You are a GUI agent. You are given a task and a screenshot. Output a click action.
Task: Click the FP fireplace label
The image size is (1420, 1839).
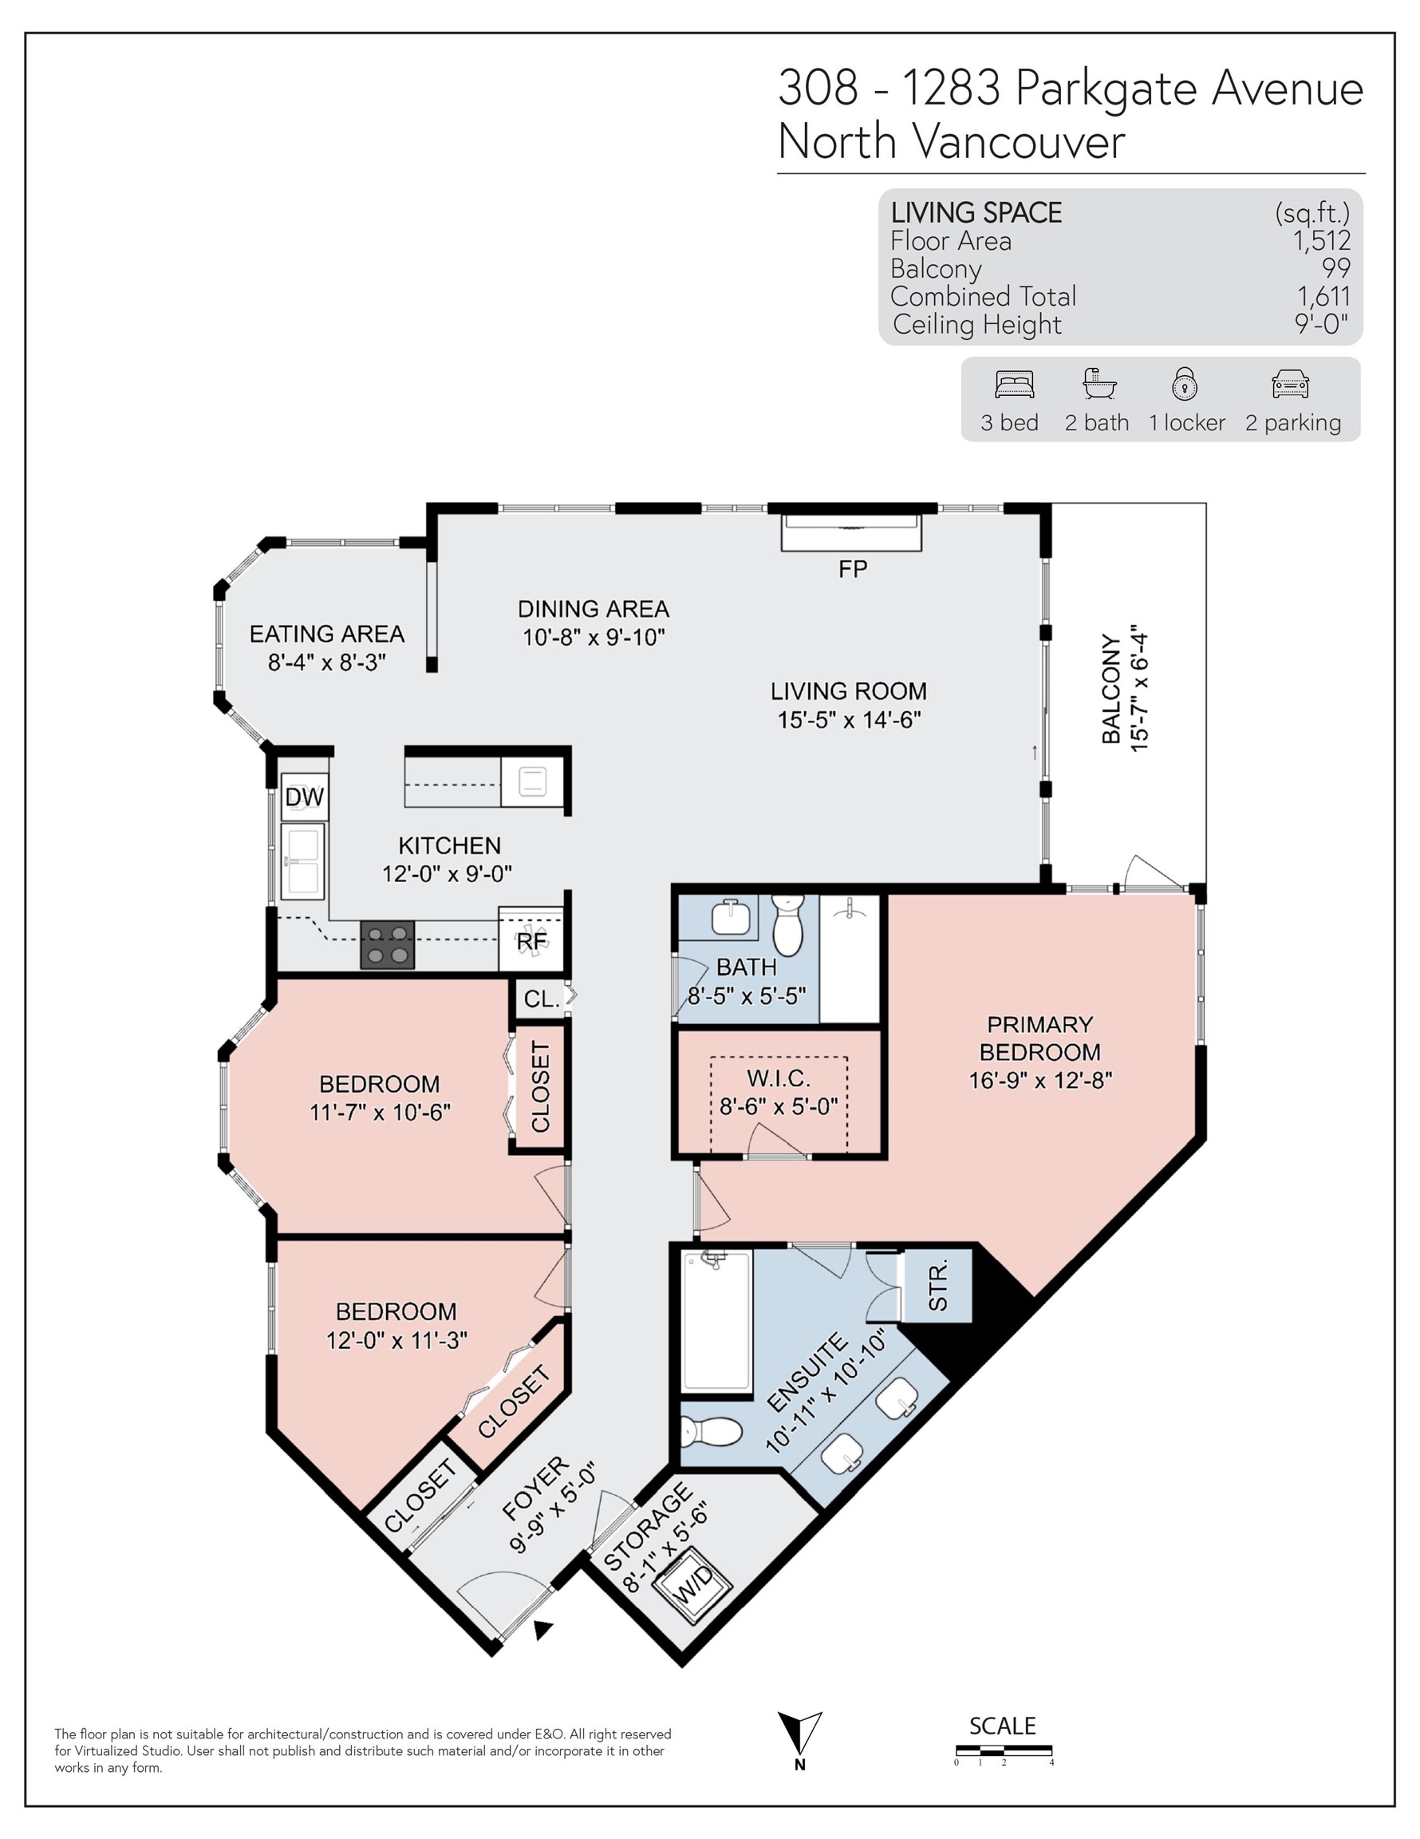(852, 569)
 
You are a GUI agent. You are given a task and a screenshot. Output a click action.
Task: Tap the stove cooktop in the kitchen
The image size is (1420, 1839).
(387, 945)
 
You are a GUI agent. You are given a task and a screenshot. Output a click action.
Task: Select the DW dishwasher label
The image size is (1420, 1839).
(304, 797)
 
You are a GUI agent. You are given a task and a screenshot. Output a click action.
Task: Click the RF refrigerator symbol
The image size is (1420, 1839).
(531, 940)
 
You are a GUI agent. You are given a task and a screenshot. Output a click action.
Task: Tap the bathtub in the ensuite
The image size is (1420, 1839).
(717, 1320)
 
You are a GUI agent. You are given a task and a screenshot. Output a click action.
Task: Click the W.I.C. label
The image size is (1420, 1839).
(778, 1078)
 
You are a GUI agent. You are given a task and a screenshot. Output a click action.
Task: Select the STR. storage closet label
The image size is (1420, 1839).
(937, 1285)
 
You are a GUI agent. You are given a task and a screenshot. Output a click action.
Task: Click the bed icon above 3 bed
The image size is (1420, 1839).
(1013, 384)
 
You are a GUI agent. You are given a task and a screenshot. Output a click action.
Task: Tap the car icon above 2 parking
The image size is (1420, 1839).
(1291, 384)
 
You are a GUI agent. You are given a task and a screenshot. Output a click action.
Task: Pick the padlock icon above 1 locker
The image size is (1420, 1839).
(1185, 383)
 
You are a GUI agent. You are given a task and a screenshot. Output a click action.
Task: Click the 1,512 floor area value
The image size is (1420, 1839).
(1322, 241)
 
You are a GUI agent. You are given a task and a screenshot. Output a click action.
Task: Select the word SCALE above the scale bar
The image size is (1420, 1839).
(1003, 1726)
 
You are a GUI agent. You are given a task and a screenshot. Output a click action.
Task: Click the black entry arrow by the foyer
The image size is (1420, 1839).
(543, 1630)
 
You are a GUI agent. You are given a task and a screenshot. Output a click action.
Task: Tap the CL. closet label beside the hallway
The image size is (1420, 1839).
(541, 999)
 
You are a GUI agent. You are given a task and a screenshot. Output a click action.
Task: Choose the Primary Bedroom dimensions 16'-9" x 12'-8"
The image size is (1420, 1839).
(1039, 1080)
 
